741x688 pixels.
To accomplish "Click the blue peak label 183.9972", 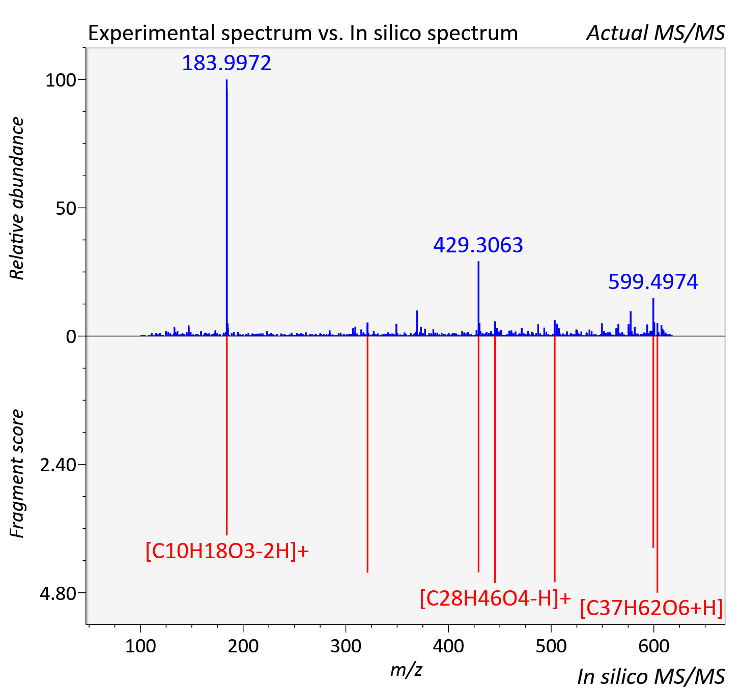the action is (x=226, y=63).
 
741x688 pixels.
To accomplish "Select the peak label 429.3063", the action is (x=478, y=245).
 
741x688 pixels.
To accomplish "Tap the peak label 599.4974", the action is (x=653, y=282).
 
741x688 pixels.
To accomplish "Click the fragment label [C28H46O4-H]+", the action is (x=495, y=599).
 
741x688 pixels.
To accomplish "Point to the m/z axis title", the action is (x=406, y=669).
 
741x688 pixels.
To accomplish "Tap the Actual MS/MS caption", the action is (x=655, y=33).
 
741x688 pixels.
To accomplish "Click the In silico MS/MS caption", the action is (x=651, y=676).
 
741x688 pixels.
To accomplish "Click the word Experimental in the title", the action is (x=152, y=33).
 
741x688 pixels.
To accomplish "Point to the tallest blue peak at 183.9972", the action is (x=226, y=208).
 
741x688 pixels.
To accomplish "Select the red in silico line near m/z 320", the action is (x=367, y=454).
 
